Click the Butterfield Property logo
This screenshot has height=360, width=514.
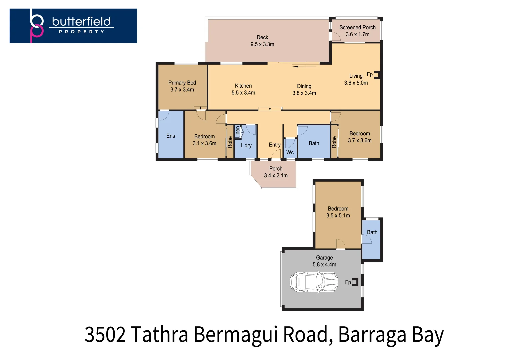[x=73, y=26]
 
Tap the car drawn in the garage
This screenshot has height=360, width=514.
[x=314, y=282]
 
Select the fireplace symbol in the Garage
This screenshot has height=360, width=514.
[x=355, y=282]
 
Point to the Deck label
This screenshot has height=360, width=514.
[x=262, y=37]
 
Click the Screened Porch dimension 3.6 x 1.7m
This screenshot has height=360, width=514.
[x=357, y=34]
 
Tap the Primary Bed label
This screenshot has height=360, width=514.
[x=182, y=83]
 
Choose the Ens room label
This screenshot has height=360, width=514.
[x=171, y=136]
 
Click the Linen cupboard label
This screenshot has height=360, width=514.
[x=238, y=132]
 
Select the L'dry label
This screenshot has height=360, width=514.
[x=246, y=145]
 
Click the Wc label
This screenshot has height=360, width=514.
[x=290, y=152]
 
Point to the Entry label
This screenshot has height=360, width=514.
[x=275, y=145]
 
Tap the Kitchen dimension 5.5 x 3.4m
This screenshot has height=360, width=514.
[x=243, y=93]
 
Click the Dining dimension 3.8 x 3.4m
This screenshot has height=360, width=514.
[x=304, y=93]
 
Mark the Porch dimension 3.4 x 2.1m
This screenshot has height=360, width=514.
[x=276, y=176]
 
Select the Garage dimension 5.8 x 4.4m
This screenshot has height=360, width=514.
[x=324, y=265]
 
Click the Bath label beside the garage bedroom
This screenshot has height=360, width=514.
[x=372, y=232]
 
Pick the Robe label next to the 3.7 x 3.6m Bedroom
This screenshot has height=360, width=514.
[x=334, y=142]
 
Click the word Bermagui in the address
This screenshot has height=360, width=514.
[x=235, y=334]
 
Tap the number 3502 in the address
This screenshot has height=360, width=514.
[x=105, y=334]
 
